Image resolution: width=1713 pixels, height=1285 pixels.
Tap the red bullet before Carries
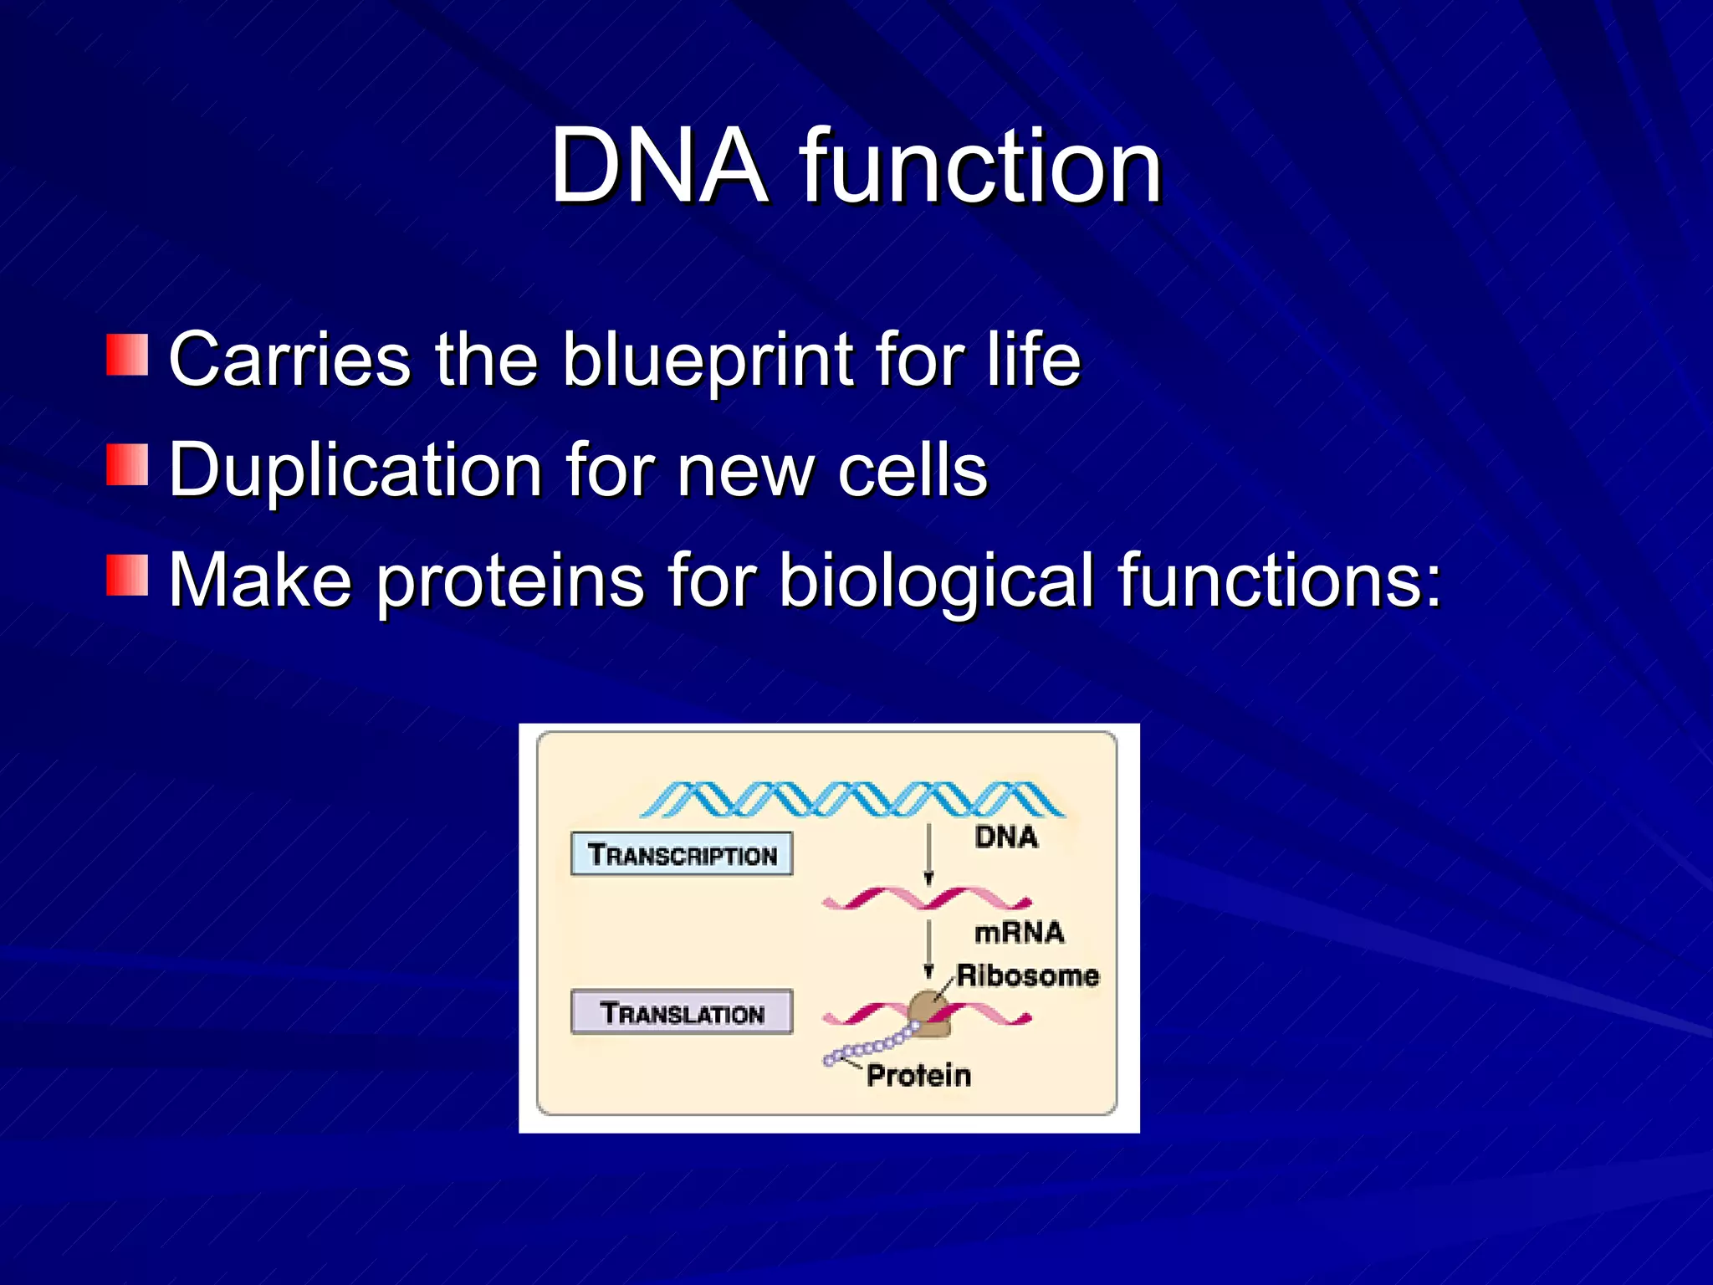[x=127, y=355]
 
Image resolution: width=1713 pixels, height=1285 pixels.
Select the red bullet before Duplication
[x=127, y=465]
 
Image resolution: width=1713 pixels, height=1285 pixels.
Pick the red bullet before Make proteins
[x=127, y=575]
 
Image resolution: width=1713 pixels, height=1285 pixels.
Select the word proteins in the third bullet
[x=510, y=581]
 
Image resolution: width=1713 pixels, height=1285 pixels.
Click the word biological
[x=936, y=581]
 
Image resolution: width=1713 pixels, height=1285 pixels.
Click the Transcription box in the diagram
[x=681, y=854]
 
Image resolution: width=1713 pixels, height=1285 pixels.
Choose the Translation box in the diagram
[x=681, y=1012]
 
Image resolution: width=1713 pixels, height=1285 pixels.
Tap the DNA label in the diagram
[x=1005, y=837]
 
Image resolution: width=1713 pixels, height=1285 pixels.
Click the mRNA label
[x=1019, y=932]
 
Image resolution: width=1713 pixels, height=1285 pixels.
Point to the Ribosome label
[x=1027, y=975]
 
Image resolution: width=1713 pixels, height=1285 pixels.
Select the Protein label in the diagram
[x=918, y=1075]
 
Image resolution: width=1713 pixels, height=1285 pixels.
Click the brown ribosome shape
[x=928, y=1015]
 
